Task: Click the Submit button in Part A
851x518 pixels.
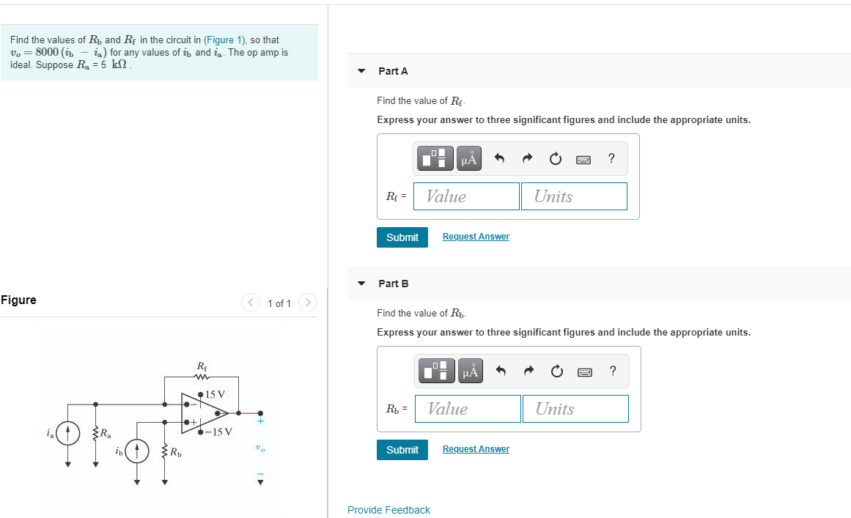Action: (x=402, y=237)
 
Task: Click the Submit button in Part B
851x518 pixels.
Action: (x=402, y=450)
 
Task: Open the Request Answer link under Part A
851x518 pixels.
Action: (x=476, y=237)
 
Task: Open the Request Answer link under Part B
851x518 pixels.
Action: (x=476, y=449)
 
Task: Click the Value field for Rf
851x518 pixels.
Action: (x=466, y=196)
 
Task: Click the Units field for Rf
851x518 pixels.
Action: (x=574, y=196)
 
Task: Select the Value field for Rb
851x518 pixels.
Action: (x=468, y=409)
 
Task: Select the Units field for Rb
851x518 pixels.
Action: (x=575, y=409)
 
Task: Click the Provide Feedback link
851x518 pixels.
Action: (x=388, y=510)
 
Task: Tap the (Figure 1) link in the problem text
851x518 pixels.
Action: (x=225, y=40)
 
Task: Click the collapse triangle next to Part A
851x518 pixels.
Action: (x=361, y=71)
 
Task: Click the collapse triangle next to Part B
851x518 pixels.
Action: (x=361, y=284)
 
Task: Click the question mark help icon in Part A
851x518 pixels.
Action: (x=611, y=158)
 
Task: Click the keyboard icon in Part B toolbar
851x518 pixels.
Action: (x=584, y=371)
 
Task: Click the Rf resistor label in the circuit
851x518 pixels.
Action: (x=202, y=366)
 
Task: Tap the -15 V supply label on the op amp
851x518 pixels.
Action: (x=218, y=432)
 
